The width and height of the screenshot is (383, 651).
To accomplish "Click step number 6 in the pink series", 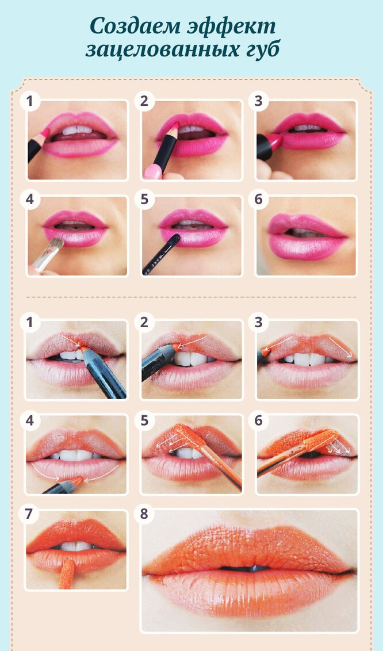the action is click(259, 199).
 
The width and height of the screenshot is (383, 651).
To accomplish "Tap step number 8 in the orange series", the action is click(144, 514).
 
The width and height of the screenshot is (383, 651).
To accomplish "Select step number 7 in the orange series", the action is click(29, 514).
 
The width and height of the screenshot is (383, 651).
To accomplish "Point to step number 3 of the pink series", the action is click(259, 101).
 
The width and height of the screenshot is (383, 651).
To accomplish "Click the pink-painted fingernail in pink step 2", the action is click(152, 171).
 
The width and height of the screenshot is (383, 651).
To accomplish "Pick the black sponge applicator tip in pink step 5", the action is click(175, 239).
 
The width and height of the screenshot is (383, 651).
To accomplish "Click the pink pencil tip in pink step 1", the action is click(44, 133).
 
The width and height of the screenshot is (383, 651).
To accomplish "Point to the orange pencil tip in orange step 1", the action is click(85, 350).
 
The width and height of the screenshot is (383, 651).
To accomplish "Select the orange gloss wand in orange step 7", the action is click(66, 573).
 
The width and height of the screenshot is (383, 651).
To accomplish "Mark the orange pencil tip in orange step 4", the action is click(77, 481).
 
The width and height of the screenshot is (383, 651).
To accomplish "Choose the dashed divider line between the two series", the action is click(191, 297).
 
